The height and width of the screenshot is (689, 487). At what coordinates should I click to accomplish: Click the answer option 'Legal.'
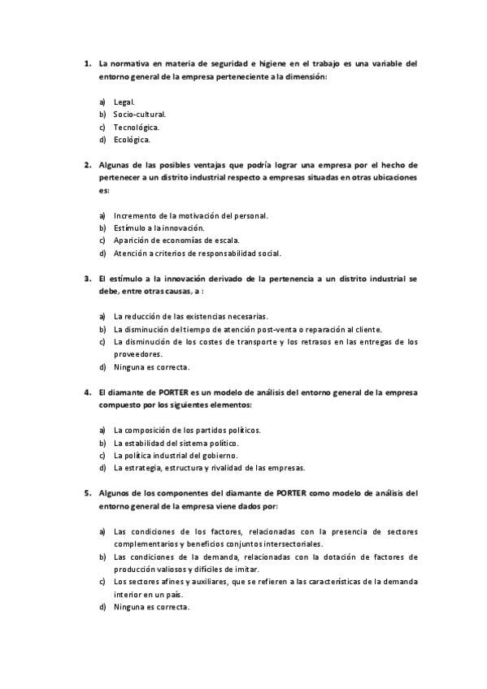[x=124, y=102]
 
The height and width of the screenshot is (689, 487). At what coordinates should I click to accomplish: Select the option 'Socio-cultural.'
[x=140, y=115]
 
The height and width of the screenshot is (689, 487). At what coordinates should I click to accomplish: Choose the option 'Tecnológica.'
[x=137, y=127]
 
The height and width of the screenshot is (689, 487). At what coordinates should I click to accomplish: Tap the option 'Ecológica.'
[x=132, y=139]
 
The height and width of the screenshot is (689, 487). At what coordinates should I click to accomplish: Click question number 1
[x=87, y=63]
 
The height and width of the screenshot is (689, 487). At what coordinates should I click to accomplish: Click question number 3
[x=87, y=278]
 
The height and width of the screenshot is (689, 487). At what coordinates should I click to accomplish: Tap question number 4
[x=87, y=392]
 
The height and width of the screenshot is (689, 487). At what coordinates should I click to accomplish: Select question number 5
[x=87, y=492]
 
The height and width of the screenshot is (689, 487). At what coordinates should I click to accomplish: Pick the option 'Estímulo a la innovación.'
[x=159, y=228]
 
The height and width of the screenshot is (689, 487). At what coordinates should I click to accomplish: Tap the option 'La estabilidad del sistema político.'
[x=176, y=443]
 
